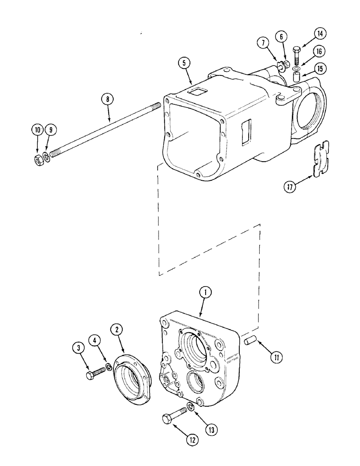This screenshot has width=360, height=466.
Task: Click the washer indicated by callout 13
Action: coord(191,407)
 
